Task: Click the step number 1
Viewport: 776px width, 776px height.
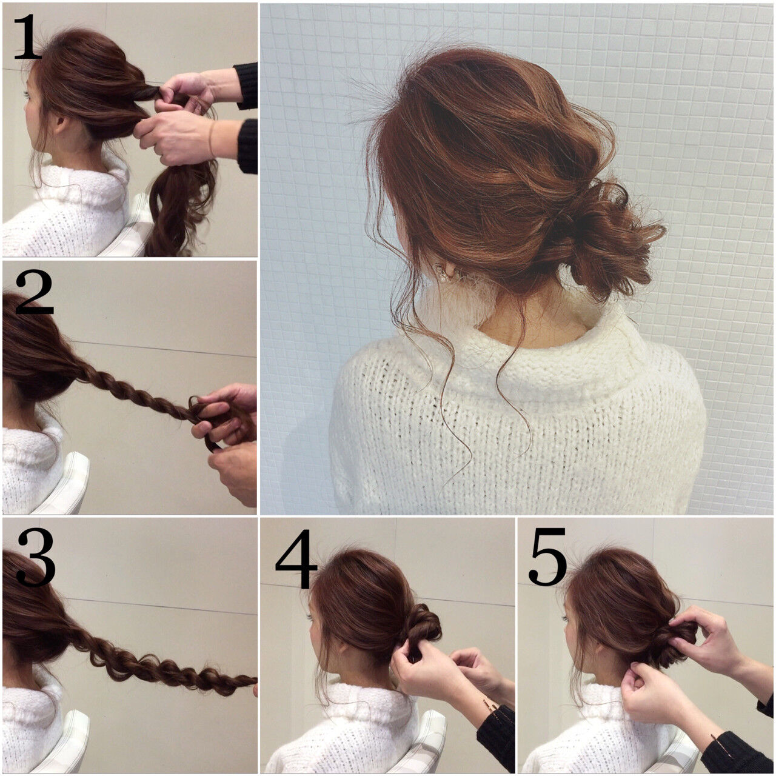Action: (27, 38)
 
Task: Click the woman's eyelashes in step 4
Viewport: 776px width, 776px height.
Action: (311, 616)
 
